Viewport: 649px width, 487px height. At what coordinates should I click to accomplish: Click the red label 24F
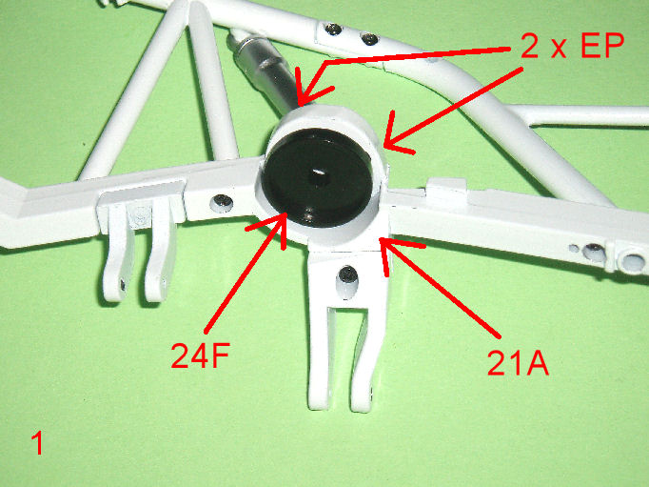pyautogui.click(x=201, y=355)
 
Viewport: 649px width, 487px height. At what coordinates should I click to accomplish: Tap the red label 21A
pyautogui.click(x=518, y=362)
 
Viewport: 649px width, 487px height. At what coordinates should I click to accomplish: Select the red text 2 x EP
pyautogui.click(x=572, y=46)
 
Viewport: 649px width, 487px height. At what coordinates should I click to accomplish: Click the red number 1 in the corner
pyautogui.click(x=37, y=443)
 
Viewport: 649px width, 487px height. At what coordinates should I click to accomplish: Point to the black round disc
pyautogui.click(x=317, y=178)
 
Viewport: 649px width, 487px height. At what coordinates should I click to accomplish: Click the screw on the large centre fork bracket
pyautogui.click(x=348, y=274)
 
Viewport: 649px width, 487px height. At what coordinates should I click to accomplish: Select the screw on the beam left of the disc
pyautogui.click(x=222, y=203)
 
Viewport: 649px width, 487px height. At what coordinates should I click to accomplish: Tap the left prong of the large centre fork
pyautogui.click(x=319, y=356)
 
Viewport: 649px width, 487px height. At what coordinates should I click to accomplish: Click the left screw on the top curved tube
pyautogui.click(x=332, y=29)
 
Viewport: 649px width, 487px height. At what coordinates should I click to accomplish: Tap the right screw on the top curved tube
pyautogui.click(x=369, y=39)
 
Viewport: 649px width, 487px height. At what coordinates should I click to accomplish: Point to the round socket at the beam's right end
pyautogui.click(x=632, y=261)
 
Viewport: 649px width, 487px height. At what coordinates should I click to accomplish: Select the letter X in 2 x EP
pyautogui.click(x=559, y=50)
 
